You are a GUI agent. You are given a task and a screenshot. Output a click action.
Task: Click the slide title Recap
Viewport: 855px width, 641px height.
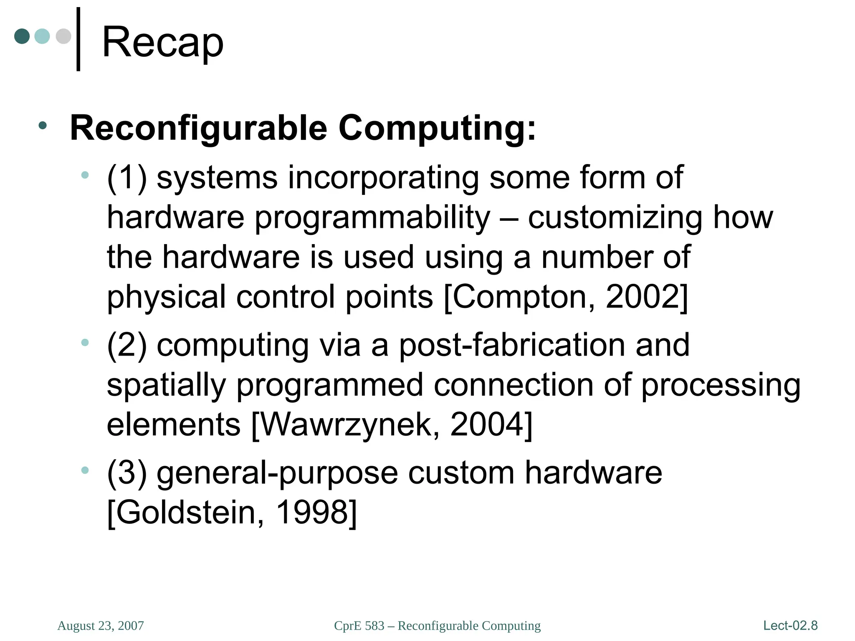pos(163,42)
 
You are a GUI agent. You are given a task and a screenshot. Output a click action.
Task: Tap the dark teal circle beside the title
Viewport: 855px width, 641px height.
pos(22,36)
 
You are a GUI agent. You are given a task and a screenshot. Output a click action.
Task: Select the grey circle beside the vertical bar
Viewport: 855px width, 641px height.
pos(63,36)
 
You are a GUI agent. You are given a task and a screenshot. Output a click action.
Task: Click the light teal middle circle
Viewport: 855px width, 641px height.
pos(42,36)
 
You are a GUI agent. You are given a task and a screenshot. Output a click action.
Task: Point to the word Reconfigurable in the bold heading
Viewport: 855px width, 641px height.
pos(198,129)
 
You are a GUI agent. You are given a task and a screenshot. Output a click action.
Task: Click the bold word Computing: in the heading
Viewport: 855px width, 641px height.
pos(437,129)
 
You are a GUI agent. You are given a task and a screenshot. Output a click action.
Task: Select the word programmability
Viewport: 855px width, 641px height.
pos(372,218)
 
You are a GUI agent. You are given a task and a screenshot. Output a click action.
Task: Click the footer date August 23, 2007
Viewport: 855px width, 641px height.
pos(101,626)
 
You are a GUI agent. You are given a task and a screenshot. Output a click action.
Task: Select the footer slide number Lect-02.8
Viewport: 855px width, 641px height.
pos(790,626)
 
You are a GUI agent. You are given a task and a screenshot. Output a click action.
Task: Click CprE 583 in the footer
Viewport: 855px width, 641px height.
pos(359,626)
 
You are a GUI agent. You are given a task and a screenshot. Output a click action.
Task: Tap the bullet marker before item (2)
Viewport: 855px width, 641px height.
pos(85,343)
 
